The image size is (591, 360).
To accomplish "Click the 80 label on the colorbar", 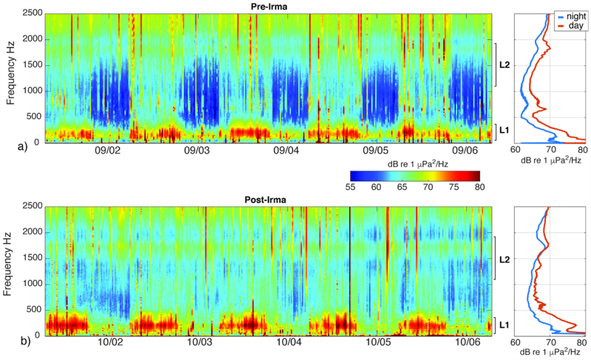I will point(478,186).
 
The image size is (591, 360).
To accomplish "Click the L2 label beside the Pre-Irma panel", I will point(503,65).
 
